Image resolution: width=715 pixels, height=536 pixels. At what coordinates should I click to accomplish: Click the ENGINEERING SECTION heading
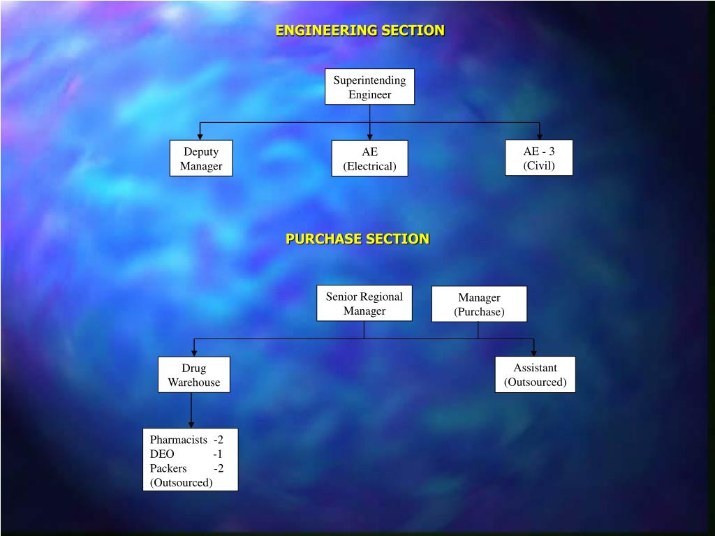click(360, 31)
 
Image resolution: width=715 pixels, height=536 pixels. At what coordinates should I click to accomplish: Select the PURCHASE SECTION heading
click(357, 239)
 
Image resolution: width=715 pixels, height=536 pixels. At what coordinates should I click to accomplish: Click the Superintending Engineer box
click(369, 87)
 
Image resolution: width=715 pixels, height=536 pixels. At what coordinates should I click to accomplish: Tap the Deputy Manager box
click(201, 158)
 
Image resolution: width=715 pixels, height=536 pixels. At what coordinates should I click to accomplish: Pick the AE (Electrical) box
click(369, 158)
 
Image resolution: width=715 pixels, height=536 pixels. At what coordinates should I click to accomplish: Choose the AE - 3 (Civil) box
click(539, 158)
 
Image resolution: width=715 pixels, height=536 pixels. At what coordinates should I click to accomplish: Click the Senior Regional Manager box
click(364, 303)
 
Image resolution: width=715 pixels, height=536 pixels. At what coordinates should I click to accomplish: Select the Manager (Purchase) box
click(479, 304)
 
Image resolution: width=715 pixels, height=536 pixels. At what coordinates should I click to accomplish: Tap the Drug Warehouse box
click(193, 375)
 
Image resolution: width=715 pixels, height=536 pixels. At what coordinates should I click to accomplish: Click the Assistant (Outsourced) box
click(535, 375)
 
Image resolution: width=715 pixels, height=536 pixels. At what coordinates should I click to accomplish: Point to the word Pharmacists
click(178, 440)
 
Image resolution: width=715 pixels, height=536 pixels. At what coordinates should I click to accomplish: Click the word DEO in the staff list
click(162, 454)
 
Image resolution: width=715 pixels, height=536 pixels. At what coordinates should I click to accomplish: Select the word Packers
click(168, 468)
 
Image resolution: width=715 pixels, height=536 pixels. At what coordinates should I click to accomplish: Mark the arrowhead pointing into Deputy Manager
click(201, 136)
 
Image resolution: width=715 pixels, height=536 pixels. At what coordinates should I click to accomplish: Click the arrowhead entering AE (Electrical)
click(369, 136)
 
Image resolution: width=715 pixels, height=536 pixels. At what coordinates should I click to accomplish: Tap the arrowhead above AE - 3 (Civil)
click(539, 136)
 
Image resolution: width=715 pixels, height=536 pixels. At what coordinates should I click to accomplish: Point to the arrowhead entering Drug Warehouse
click(194, 352)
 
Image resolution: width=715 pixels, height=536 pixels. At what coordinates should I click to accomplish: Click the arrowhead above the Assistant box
click(534, 352)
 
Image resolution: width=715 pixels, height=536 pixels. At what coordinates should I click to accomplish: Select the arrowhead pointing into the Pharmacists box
click(191, 424)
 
